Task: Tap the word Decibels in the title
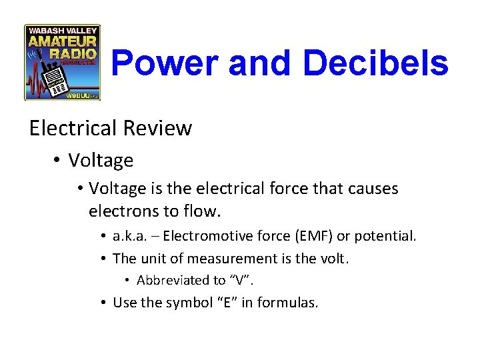click(x=375, y=64)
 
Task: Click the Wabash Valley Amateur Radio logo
click(x=62, y=62)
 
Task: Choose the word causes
click(x=369, y=189)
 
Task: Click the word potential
click(x=385, y=236)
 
